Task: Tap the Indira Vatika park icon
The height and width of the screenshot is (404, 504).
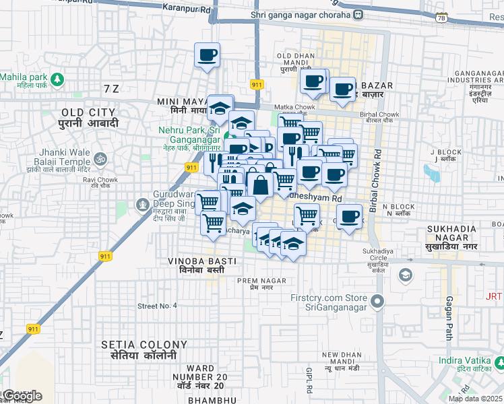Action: pyautogui.click(x=499, y=364)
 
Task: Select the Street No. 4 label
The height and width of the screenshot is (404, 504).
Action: pyautogui.click(x=157, y=306)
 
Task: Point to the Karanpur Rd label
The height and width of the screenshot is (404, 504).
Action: pyautogui.click(x=187, y=8)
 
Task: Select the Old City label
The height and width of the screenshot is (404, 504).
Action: pyautogui.click(x=90, y=117)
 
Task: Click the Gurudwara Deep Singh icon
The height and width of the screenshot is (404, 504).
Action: pyautogui.click(x=142, y=204)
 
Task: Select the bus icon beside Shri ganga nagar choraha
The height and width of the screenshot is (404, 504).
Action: pyautogui.click(x=360, y=14)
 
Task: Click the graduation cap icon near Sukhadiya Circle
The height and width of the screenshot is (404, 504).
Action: pyautogui.click(x=405, y=275)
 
